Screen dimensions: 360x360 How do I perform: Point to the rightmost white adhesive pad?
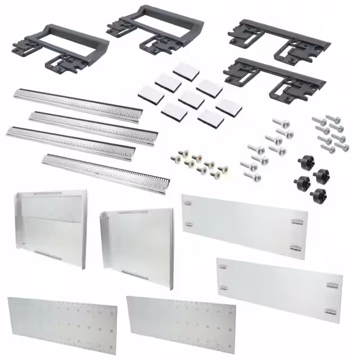pyautogui.click(x=227, y=106)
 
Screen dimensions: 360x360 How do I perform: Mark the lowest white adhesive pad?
pyautogui.click(x=209, y=117)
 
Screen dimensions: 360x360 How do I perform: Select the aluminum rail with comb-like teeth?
pyautogui.click(x=107, y=168)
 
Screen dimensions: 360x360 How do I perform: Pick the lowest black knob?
pyautogui.click(x=318, y=195)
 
